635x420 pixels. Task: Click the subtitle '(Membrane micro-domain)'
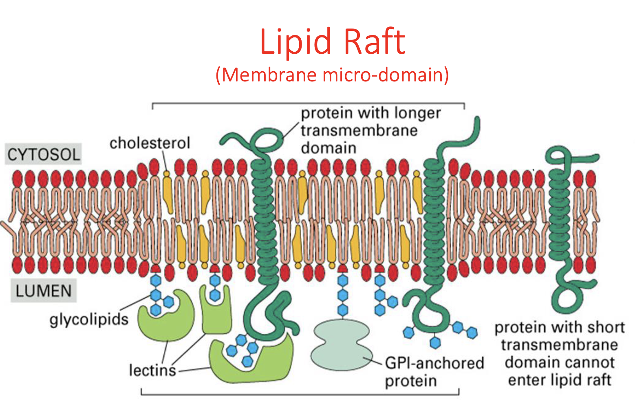tap(333, 75)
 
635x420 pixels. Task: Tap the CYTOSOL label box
tap(44, 154)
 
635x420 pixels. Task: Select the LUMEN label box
tap(44, 291)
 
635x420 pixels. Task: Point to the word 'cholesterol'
tap(150, 143)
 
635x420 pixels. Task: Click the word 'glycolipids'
tap(89, 319)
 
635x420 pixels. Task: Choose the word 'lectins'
tap(152, 370)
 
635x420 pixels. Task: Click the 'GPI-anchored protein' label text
tap(434, 371)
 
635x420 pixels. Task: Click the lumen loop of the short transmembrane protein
tap(569, 293)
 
